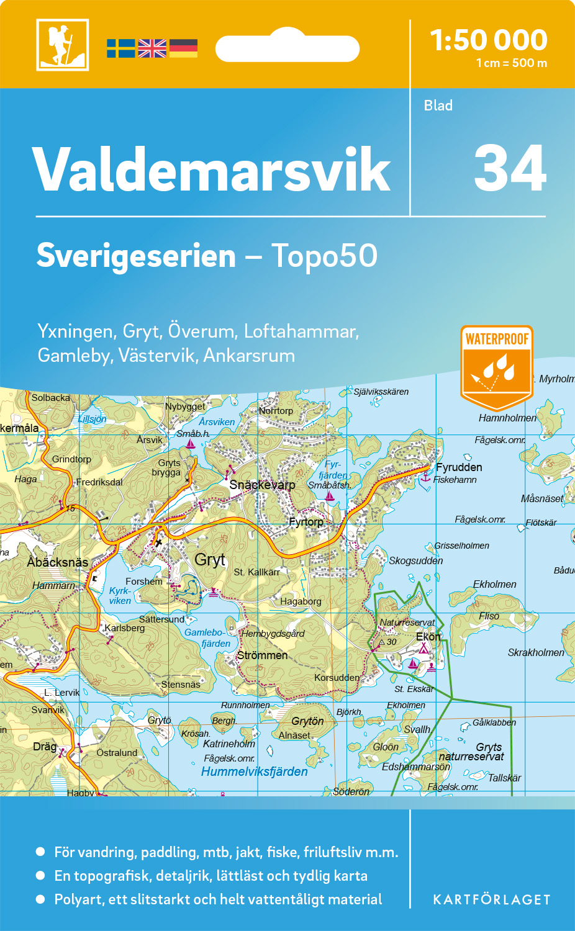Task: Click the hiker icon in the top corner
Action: coord(62,45)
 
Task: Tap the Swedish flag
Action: coord(120,48)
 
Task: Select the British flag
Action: coord(152,48)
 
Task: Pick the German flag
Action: coord(183,48)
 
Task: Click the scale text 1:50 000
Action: coord(489,40)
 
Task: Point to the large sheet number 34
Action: coord(510,169)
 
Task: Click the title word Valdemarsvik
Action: coord(211,170)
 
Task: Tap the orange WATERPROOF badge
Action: coord(497,366)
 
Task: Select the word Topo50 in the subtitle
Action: coord(324,256)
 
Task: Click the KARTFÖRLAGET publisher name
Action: coord(492,900)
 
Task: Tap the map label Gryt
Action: coord(210,560)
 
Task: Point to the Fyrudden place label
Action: coord(459,467)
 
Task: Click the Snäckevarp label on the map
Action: coord(262,485)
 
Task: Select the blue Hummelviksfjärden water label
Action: coord(255,771)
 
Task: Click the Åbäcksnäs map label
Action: coord(58,562)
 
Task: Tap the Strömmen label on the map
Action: coord(263,655)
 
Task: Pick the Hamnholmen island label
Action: coord(507,418)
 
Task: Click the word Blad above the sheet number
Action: coord(438,106)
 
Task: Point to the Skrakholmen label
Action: coord(536,652)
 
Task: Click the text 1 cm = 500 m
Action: coord(512,63)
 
